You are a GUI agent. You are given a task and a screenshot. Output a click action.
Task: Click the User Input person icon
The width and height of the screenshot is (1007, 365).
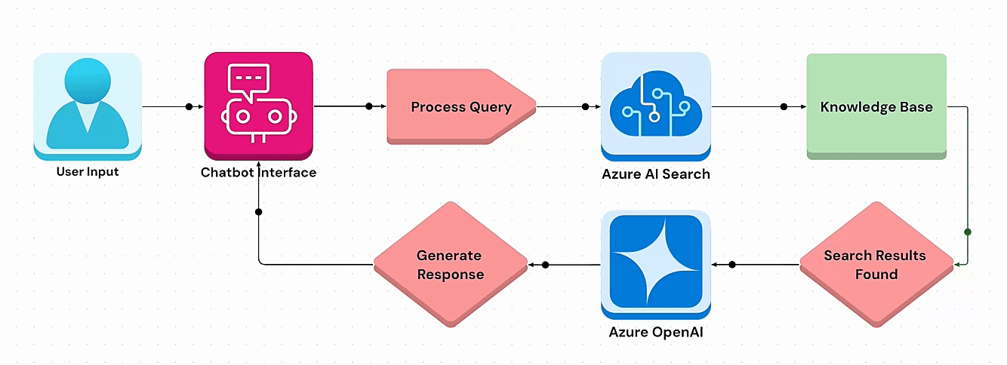pos(88,106)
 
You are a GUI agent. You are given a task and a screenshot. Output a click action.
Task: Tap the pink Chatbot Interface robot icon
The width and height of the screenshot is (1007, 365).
pos(258,106)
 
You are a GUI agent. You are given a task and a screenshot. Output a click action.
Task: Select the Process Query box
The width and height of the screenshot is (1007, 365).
pos(461,106)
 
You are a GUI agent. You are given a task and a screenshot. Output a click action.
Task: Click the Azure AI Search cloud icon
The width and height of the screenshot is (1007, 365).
pos(655,106)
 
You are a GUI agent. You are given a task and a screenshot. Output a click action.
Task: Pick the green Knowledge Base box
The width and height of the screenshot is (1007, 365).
pos(876,106)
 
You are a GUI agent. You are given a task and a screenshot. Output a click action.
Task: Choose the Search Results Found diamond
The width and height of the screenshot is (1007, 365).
pos(876,264)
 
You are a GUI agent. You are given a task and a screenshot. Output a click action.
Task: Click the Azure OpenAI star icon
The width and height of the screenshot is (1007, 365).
pos(655,263)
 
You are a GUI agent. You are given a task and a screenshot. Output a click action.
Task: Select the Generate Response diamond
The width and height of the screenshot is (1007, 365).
pos(451,264)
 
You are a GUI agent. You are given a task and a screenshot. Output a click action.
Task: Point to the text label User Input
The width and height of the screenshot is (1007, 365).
pos(88,172)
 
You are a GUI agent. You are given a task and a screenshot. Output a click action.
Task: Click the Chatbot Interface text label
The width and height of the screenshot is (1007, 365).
pos(258,173)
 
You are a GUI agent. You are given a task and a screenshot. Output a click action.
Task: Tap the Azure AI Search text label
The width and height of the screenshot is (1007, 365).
pos(655,174)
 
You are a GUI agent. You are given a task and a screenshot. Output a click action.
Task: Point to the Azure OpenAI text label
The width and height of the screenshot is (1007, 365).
pos(655,331)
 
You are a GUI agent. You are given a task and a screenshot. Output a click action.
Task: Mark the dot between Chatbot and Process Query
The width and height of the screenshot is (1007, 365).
pos(368,106)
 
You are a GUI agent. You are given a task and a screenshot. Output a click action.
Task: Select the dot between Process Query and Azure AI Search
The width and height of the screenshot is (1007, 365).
pos(586,106)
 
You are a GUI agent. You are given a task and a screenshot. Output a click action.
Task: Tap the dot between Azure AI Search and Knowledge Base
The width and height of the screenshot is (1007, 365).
pos(784,106)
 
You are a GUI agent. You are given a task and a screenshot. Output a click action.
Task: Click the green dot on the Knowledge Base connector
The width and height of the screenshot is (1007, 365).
pos(968,232)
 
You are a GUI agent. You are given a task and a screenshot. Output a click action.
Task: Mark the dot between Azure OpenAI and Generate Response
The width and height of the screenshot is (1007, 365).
pos(545,264)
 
